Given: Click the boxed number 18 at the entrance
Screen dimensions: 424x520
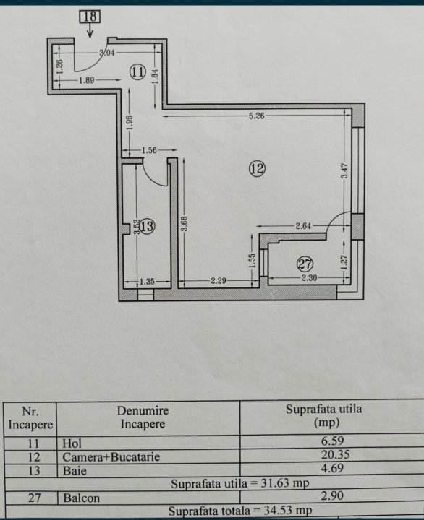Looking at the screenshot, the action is click(90, 17).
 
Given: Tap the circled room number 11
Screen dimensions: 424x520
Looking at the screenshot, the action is click(137, 71).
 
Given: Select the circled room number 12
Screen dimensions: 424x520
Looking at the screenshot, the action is click(257, 169).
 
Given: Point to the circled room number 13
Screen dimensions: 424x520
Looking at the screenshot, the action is click(147, 226).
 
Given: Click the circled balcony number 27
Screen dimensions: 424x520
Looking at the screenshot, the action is click(305, 264).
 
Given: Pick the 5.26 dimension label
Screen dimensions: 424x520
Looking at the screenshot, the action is click(257, 116).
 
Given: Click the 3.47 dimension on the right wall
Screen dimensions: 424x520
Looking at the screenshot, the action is click(344, 170).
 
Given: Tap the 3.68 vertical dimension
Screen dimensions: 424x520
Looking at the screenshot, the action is click(185, 223).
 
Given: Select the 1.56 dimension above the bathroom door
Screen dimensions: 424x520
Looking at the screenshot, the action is click(149, 150).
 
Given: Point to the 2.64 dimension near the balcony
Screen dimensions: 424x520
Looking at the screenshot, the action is click(303, 226).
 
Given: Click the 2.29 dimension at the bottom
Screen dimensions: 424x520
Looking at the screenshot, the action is click(219, 281).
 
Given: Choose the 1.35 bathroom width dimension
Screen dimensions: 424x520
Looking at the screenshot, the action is click(147, 282).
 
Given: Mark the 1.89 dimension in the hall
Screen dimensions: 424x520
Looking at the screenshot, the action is click(86, 80).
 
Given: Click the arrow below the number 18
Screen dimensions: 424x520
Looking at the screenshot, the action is click(90, 30).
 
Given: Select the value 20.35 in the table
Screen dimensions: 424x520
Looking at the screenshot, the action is click(335, 454).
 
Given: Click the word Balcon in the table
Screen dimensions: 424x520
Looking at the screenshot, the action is click(82, 498).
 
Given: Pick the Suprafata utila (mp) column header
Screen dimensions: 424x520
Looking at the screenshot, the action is click(323, 415).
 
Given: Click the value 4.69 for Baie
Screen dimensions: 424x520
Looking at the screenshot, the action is click(332, 468).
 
